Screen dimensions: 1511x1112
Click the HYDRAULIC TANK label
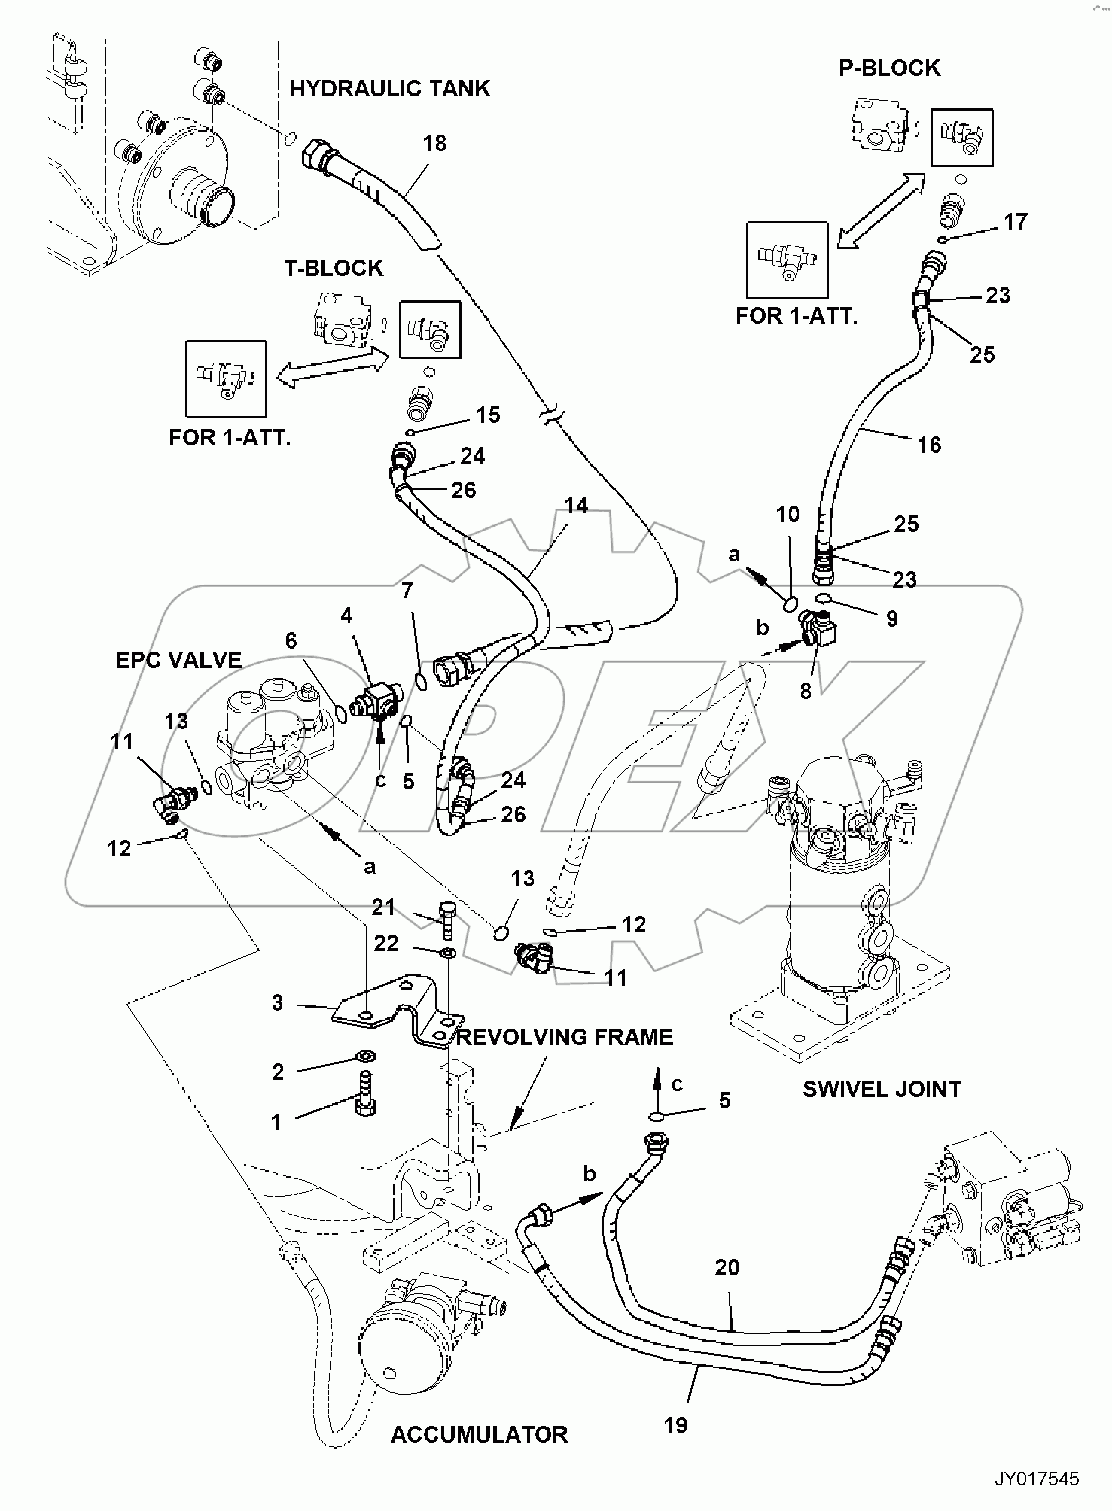pyautogui.click(x=389, y=89)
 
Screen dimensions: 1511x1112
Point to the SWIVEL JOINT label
pyautogui.click(x=882, y=1089)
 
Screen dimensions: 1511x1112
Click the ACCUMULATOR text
pyautogui.click(x=479, y=1434)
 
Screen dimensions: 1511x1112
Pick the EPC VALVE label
pyautogui.click(x=178, y=660)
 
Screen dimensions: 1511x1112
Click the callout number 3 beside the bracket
pyautogui.click(x=277, y=1002)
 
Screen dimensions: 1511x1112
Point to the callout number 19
pyautogui.click(x=675, y=1425)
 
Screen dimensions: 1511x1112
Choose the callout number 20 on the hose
pyautogui.click(x=727, y=1268)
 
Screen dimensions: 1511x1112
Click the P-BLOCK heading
pyautogui.click(x=889, y=68)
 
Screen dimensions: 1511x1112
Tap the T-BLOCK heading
pyautogui.click(x=334, y=268)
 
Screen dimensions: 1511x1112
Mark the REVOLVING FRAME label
pyautogui.click(x=564, y=1037)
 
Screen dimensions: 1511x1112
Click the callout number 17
pyautogui.click(x=1015, y=221)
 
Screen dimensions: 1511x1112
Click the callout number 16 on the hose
pyautogui.click(x=929, y=445)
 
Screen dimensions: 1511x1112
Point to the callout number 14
pyautogui.click(x=576, y=505)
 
